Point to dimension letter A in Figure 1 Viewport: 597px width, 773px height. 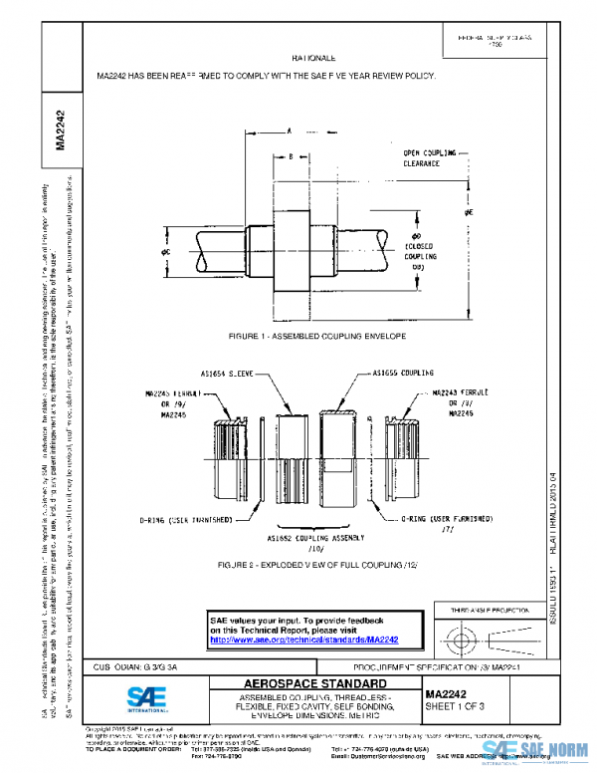coord(289,130)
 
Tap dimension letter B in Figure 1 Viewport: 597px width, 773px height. coord(290,156)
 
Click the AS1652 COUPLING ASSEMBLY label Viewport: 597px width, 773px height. coord(318,539)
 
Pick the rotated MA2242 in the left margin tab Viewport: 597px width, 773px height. coord(61,129)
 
